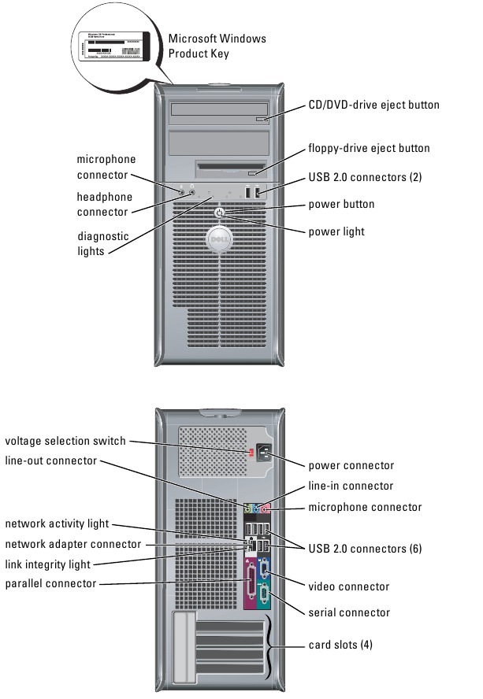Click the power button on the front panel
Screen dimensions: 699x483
click(220, 213)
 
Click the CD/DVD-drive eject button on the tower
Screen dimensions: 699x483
click(262, 119)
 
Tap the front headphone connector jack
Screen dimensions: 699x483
click(192, 191)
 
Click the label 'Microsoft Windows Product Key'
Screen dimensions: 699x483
click(217, 46)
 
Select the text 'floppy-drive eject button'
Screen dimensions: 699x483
click(369, 148)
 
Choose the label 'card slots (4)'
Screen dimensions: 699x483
click(340, 645)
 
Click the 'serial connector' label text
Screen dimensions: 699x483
click(349, 612)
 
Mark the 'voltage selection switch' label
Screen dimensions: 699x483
click(65, 441)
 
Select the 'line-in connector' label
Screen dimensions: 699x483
click(351, 486)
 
